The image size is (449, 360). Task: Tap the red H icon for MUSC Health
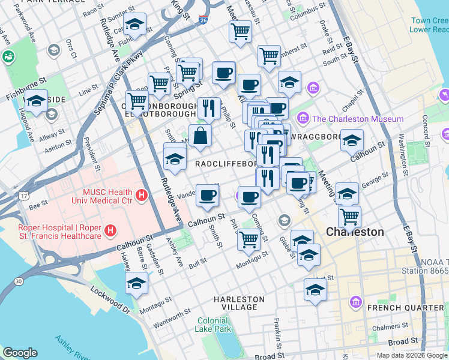coord(141,195)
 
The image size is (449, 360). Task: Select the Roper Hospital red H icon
coord(110,230)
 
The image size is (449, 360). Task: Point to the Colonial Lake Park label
coord(213,325)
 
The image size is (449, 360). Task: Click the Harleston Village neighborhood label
coord(239,303)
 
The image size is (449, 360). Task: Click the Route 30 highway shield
coord(19,280)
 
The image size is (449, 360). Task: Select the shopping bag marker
coord(200,135)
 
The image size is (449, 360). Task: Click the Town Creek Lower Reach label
coord(429,25)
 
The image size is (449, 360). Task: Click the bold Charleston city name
coord(355,232)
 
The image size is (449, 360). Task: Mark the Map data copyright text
coord(412,355)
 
